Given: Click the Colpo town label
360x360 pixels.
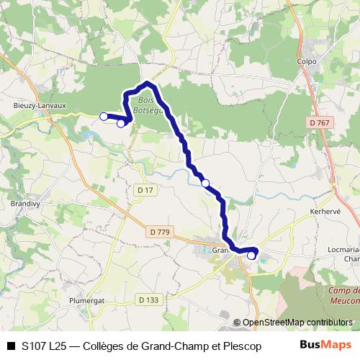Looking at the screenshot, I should click(307, 61).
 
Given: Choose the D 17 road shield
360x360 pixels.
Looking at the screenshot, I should click(145, 189).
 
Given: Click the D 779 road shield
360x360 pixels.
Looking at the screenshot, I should click(161, 232).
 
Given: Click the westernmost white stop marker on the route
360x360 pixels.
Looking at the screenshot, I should click(104, 116).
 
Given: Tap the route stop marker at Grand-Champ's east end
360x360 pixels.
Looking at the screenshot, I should click(251, 255).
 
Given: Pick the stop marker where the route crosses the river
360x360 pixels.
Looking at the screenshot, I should click(206, 184).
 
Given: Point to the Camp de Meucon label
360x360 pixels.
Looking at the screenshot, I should click(344, 296).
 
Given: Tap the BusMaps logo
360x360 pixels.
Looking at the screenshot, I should click(326, 345).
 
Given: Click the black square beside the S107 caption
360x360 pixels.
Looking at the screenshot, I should click(11, 346).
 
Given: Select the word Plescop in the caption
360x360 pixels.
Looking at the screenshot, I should click(242, 346).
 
